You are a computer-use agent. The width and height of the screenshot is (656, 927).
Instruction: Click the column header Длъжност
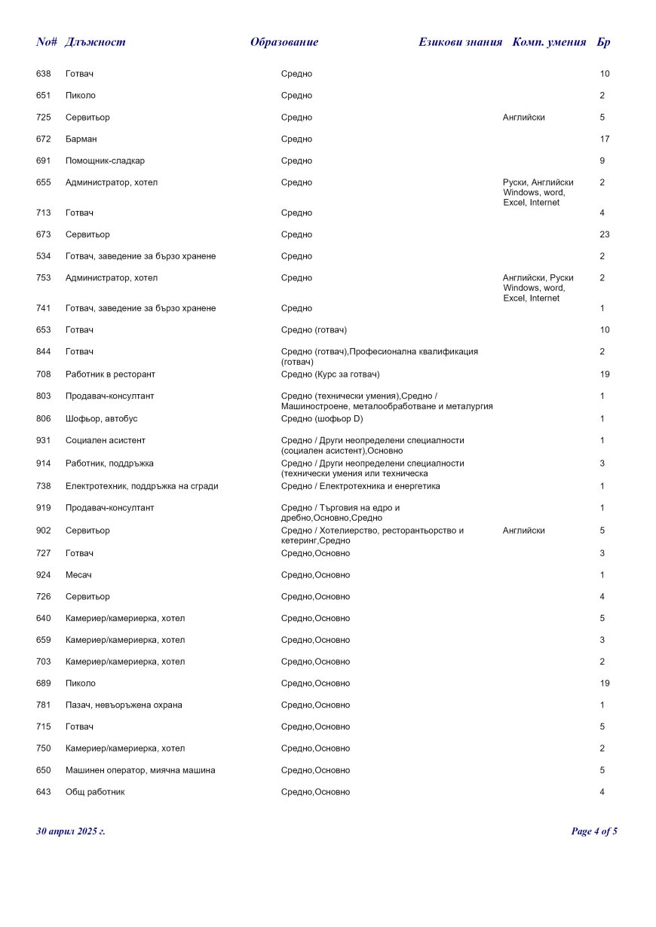(95, 42)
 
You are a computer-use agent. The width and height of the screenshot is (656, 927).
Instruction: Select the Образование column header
(284, 42)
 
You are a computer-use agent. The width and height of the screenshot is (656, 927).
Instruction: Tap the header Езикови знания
(460, 42)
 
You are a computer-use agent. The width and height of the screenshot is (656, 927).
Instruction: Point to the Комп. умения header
(549, 42)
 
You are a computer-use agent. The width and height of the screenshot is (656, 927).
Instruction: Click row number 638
(43, 74)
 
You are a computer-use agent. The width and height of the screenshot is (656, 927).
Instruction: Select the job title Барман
(81, 139)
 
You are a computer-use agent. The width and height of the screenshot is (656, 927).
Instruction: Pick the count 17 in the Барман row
(605, 139)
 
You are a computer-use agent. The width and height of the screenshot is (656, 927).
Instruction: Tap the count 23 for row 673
(605, 234)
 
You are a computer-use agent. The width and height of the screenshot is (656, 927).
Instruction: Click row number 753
(43, 278)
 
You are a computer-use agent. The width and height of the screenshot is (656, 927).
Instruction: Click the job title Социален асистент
(106, 441)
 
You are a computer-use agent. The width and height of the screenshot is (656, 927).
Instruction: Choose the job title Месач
(78, 575)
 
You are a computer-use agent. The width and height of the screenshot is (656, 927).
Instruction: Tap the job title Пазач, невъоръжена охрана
(124, 705)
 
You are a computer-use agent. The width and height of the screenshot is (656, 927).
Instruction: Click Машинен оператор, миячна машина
(140, 770)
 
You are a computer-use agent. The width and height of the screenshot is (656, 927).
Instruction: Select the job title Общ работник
(95, 792)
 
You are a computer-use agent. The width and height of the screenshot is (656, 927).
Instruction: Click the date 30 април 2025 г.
(71, 831)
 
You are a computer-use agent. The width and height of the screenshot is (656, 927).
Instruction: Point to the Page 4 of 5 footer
(594, 831)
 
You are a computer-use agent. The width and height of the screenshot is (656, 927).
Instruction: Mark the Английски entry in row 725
(523, 118)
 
